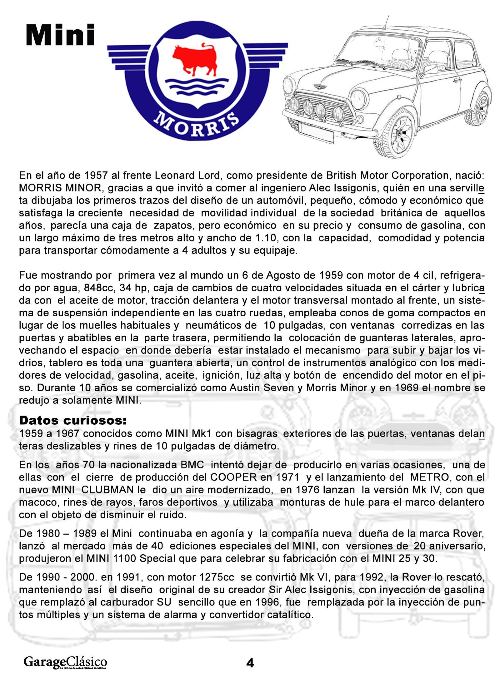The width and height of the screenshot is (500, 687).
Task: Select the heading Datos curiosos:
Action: pos(73,421)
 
